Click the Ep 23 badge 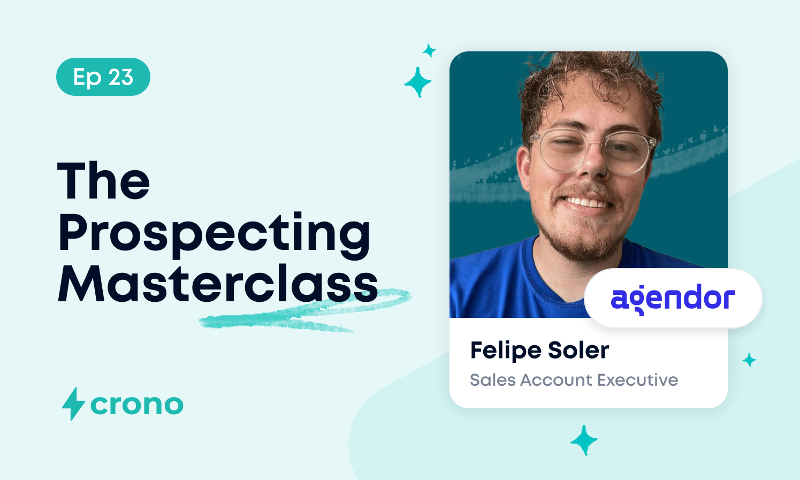[x=103, y=77]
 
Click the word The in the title [x=103, y=180]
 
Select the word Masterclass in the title [x=218, y=284]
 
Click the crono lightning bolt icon [x=73, y=403]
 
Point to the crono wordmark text [x=137, y=405]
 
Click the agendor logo [x=673, y=299]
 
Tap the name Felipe [x=506, y=351]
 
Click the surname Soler [x=578, y=350]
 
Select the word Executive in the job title [x=637, y=379]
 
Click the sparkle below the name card [x=584, y=440]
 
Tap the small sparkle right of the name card [x=749, y=360]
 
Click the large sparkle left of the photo [x=417, y=82]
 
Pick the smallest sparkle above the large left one [x=429, y=51]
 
